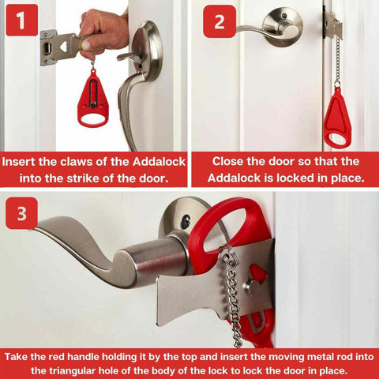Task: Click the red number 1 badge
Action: click(21, 21)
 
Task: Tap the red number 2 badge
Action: click(219, 21)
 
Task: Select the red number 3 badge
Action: click(21, 212)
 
